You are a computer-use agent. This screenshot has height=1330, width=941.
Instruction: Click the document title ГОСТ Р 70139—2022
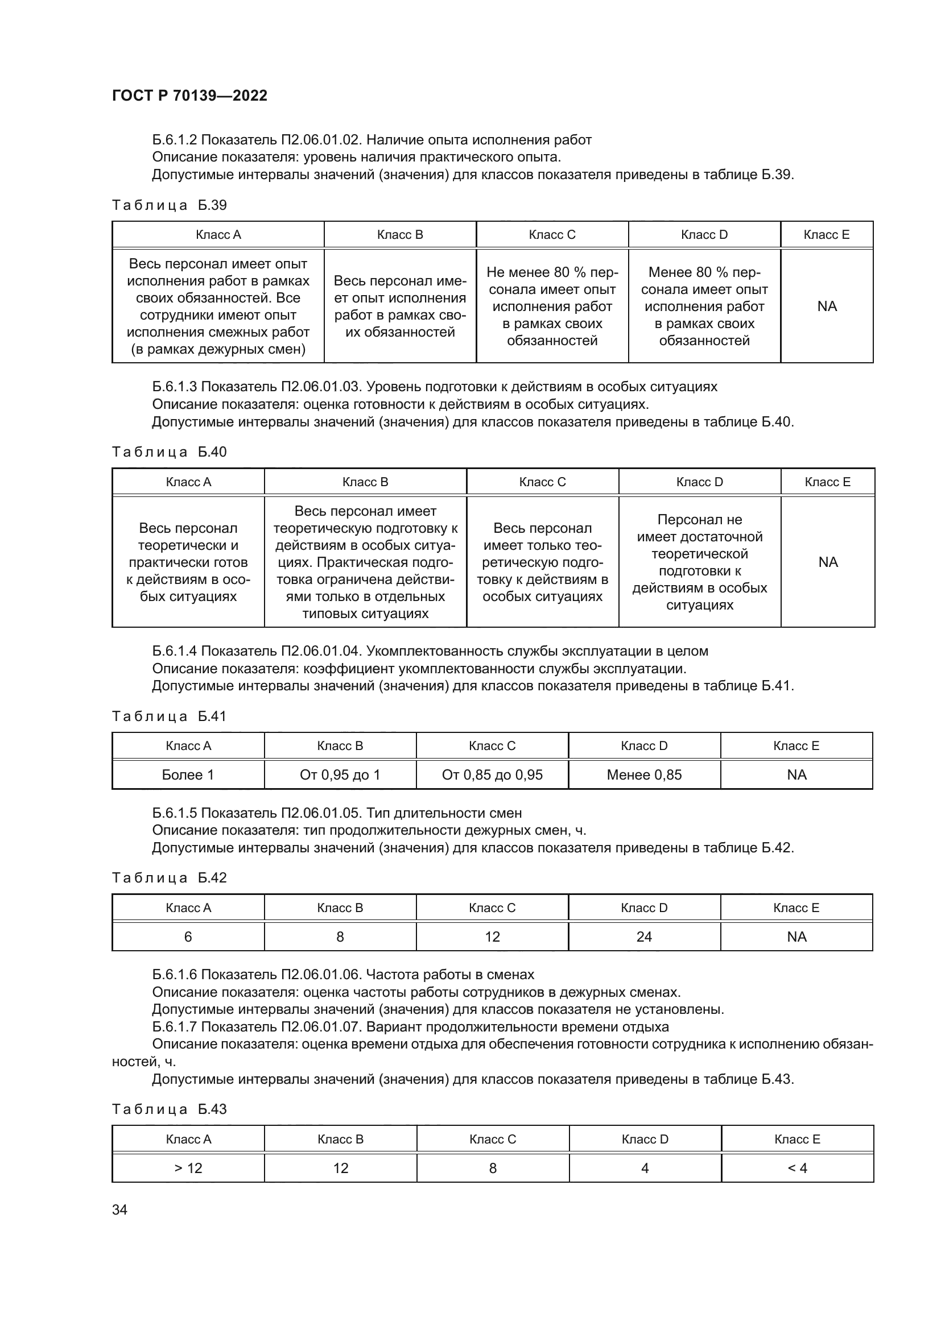click(x=189, y=96)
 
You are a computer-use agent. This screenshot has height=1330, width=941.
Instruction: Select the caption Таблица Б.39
click(x=169, y=205)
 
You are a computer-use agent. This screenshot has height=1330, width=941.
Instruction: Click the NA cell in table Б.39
click(x=827, y=306)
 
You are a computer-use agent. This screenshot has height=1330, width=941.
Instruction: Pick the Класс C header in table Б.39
click(x=552, y=235)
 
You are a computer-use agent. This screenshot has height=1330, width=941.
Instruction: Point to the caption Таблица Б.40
click(x=169, y=452)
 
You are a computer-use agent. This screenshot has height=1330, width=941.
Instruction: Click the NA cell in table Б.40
click(x=827, y=562)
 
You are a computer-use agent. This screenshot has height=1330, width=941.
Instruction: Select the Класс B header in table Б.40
click(x=365, y=482)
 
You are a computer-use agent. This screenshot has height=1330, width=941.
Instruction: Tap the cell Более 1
click(x=188, y=775)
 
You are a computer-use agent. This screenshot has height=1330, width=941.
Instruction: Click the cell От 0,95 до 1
click(x=340, y=775)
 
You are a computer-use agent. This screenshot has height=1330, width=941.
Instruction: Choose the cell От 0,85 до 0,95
click(x=492, y=775)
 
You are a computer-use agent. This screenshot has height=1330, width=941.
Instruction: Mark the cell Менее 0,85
click(x=645, y=775)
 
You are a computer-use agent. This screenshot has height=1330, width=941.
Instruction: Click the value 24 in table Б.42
click(x=645, y=937)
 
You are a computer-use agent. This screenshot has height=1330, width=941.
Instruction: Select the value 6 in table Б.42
click(x=188, y=937)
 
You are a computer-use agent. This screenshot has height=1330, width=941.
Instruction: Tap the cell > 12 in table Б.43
click(x=188, y=1168)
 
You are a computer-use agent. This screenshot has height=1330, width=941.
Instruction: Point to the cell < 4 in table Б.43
click(x=797, y=1168)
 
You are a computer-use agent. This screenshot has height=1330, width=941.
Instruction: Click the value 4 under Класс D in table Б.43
click(x=645, y=1168)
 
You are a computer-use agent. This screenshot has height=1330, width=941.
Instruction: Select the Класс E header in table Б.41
click(x=796, y=745)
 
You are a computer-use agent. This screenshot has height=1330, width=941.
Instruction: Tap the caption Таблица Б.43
click(x=169, y=1109)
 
